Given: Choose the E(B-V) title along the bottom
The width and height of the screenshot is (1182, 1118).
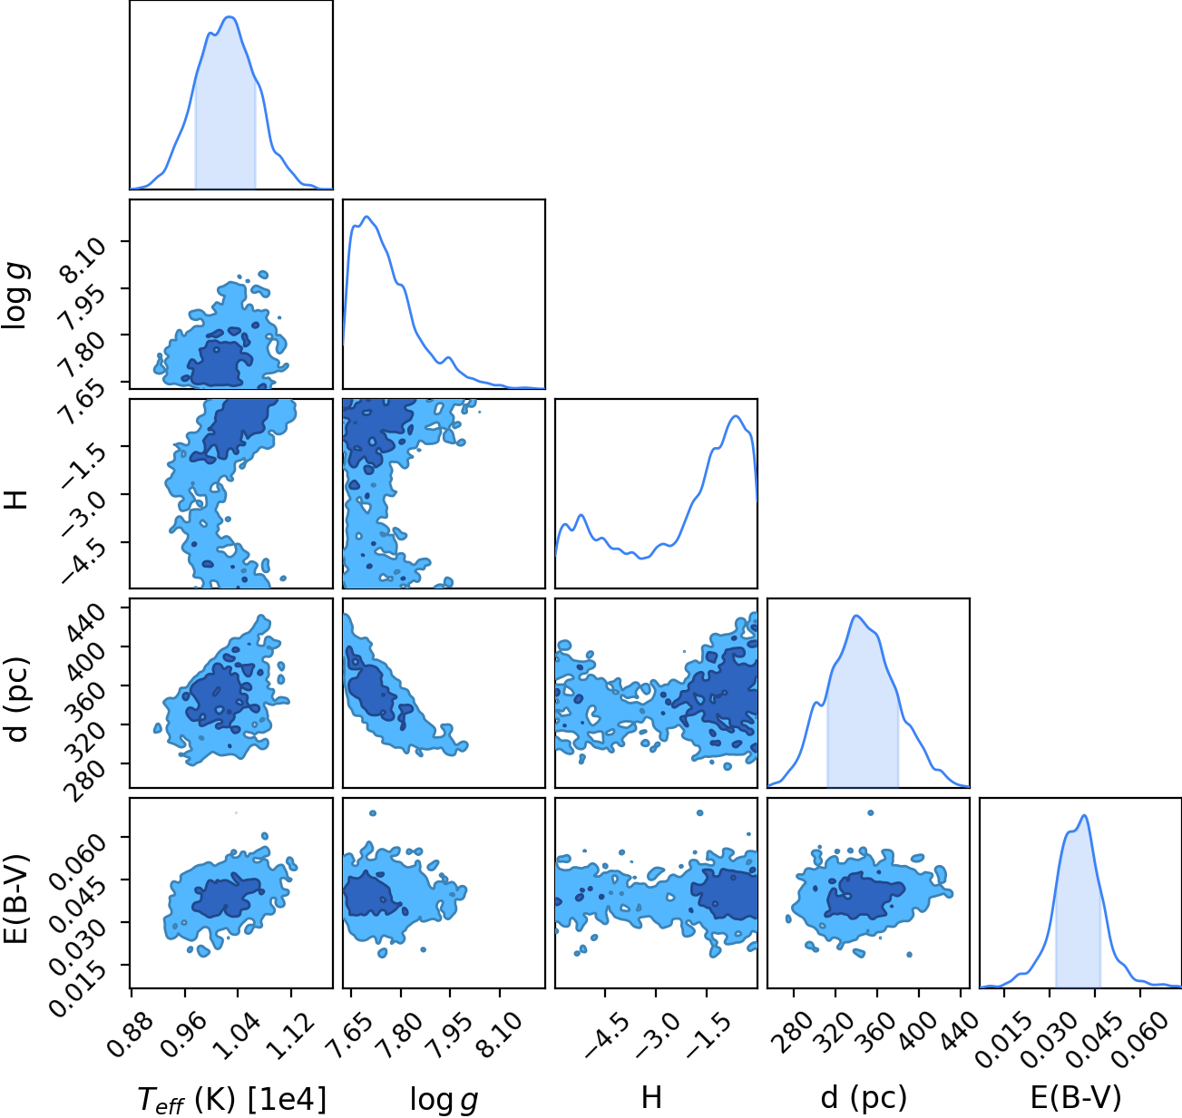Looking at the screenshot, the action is tap(1076, 1097).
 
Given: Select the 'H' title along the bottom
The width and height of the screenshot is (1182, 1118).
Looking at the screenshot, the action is tap(651, 1097).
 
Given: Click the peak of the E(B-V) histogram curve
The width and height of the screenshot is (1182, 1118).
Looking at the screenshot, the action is tap(1084, 816).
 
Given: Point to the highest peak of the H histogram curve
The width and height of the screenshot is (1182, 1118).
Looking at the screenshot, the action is tap(736, 416).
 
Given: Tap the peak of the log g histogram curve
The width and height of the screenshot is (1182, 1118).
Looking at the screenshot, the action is tap(366, 217).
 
